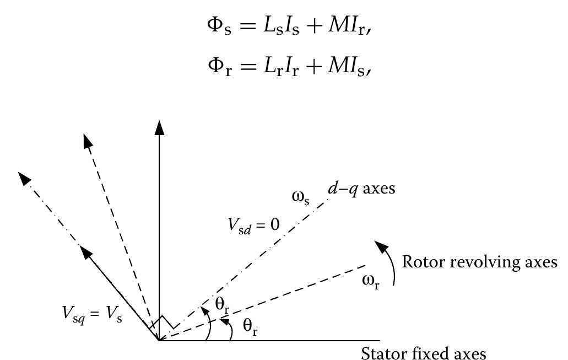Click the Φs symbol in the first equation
219,27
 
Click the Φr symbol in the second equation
219,67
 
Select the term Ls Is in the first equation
281,27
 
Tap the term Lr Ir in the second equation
281,67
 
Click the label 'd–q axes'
361,189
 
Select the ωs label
301,197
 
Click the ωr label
371,281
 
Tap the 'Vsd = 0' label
253,225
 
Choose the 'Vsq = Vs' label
93,314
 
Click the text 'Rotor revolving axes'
480,262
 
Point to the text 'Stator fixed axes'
424,353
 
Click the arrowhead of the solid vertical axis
159,127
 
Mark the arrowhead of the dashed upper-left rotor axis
87,140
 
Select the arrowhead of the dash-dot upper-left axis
24,179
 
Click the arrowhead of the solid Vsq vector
85,251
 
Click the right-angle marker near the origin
163,322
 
